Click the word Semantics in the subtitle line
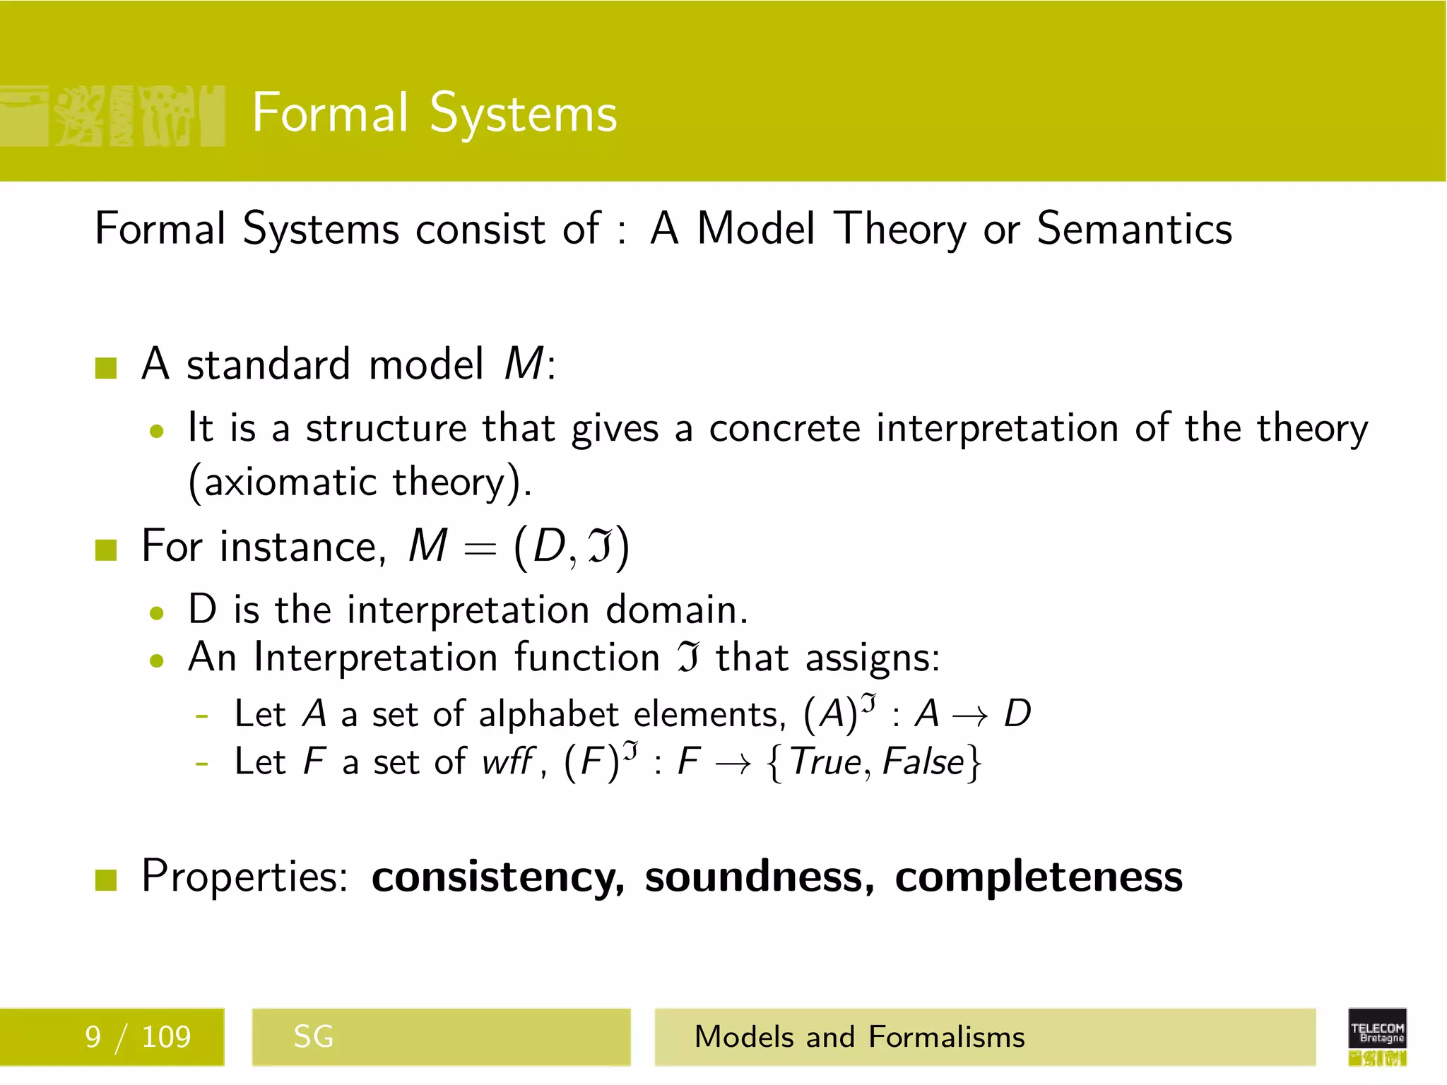pos(1134,230)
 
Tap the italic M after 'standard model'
pos(524,364)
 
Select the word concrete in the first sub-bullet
pos(784,429)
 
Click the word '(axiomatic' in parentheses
pos(283,483)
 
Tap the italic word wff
pos(508,762)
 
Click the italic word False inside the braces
pos(923,762)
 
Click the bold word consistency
pos(497,878)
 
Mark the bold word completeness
pos(1039,878)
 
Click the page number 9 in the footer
pos(93,1037)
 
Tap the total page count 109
pos(166,1037)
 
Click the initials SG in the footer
pos(313,1037)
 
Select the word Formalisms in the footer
pos(946,1037)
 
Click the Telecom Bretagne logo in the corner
pos(1377,1036)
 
